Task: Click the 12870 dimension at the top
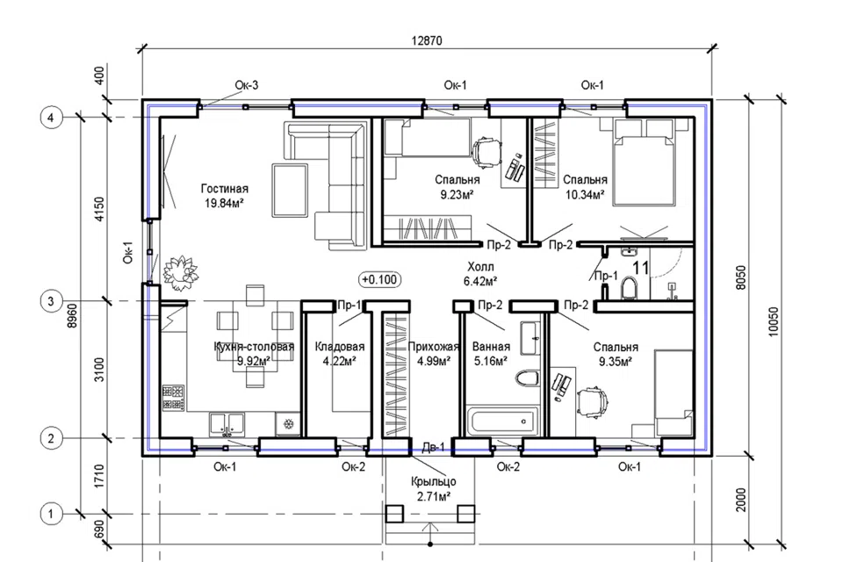427,41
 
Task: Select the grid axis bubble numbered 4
51,118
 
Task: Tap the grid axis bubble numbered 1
51,514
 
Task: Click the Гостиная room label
225,189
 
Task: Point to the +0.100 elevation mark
379,279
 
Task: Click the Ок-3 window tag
246,85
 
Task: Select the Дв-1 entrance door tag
433,448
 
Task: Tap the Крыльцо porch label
433,482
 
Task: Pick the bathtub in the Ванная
504,421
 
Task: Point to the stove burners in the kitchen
173,398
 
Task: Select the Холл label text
480,267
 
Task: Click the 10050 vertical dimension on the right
773,321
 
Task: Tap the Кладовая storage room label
340,347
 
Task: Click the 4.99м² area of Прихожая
433,361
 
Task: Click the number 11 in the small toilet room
641,268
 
